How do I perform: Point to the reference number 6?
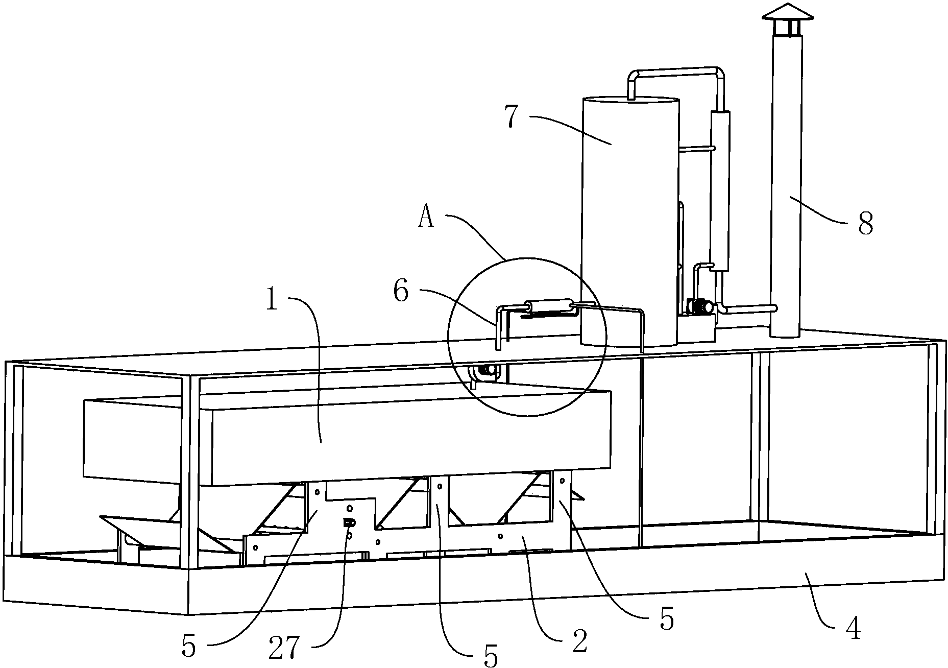click(401, 292)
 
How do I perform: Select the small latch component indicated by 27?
click(349, 522)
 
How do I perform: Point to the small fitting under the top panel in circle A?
click(484, 371)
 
